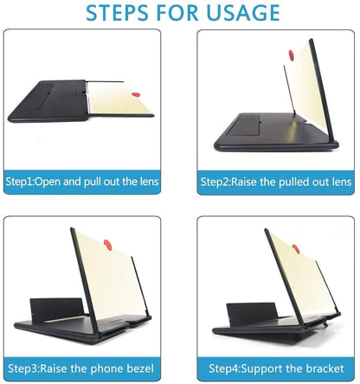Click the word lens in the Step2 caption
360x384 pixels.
339,182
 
